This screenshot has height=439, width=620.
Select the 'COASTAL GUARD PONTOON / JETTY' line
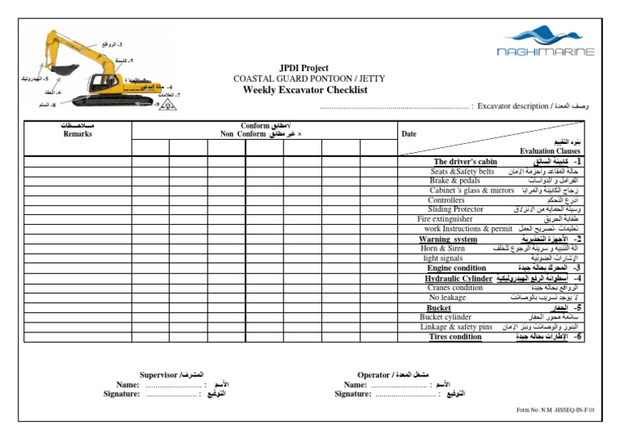[309, 78]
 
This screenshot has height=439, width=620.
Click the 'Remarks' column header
[77, 134]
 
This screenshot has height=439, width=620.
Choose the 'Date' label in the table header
[409, 134]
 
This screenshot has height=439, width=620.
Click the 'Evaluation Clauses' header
[550, 151]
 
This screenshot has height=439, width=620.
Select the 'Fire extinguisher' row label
[445, 218]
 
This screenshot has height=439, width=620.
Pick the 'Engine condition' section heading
[457, 268]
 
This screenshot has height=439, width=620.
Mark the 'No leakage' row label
[447, 298]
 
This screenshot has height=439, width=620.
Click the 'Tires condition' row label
[455, 336]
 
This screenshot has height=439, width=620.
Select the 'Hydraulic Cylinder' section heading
[459, 278]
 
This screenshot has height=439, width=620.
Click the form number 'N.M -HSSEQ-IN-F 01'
[568, 410]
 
